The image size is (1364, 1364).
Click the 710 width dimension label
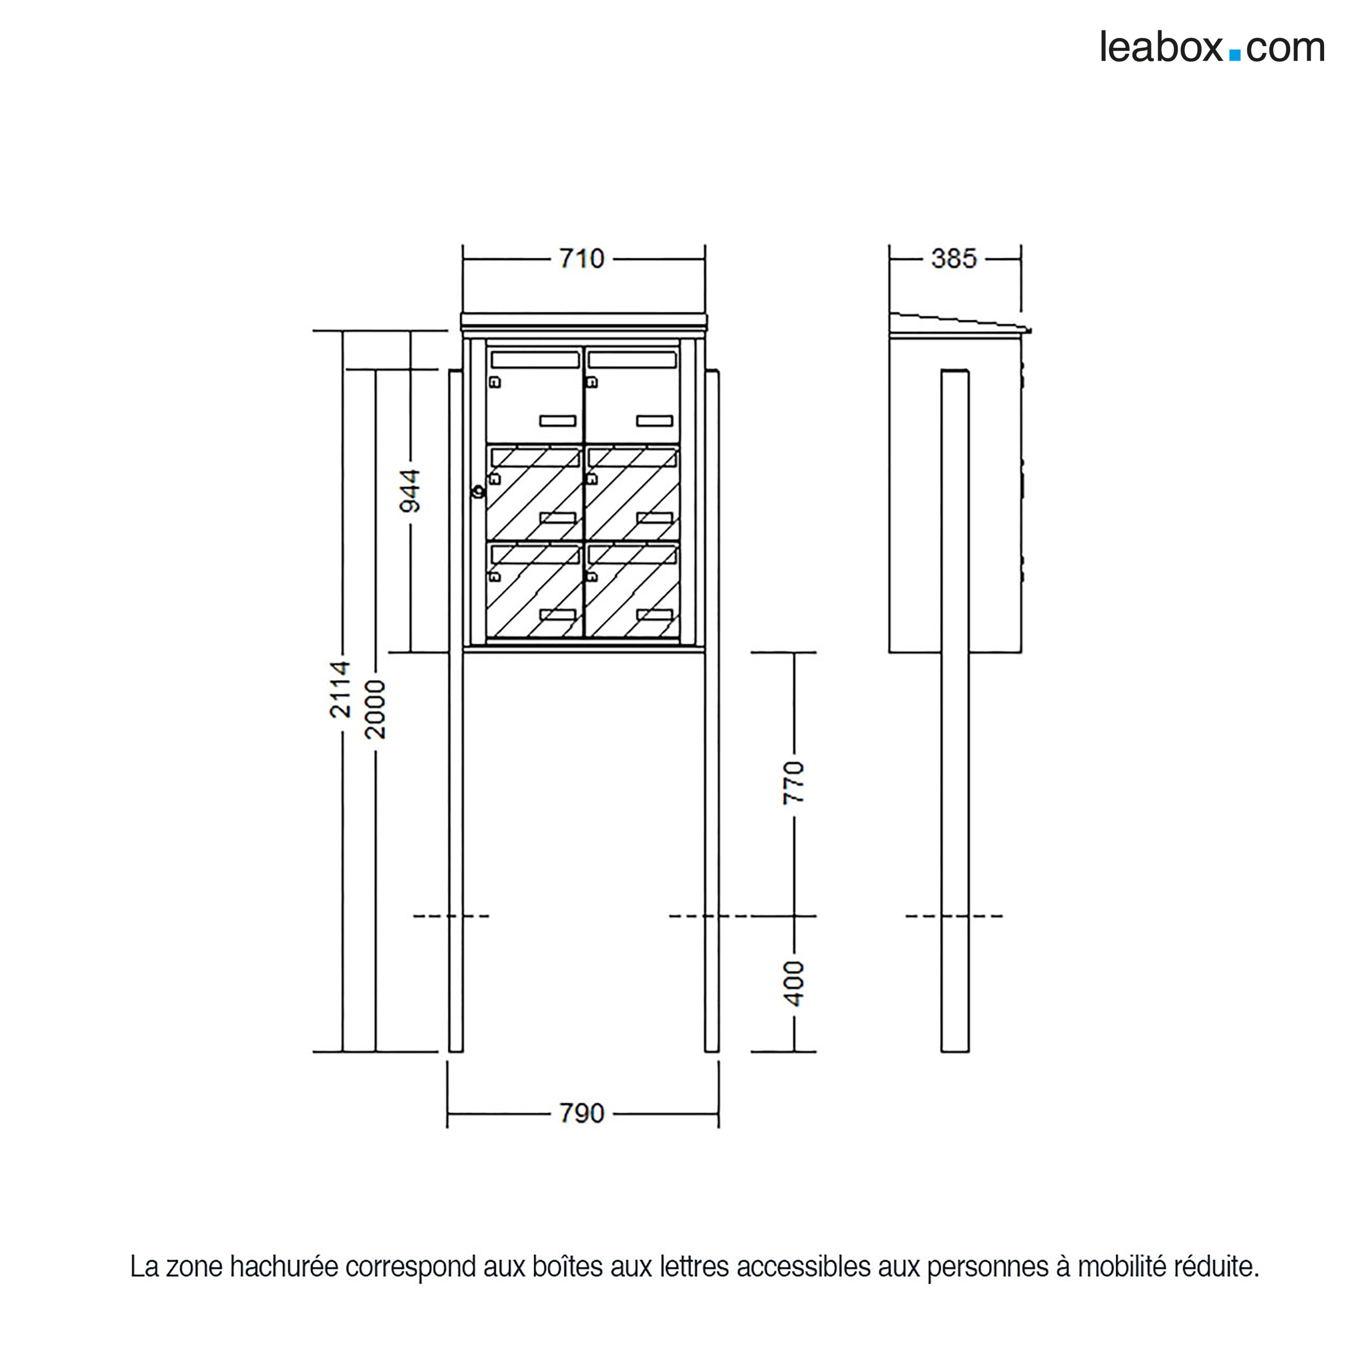[582, 259]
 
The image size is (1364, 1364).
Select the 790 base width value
[582, 1113]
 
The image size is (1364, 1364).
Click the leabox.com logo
[1211, 48]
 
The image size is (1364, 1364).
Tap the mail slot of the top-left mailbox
[534, 360]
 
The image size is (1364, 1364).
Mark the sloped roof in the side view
[957, 323]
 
